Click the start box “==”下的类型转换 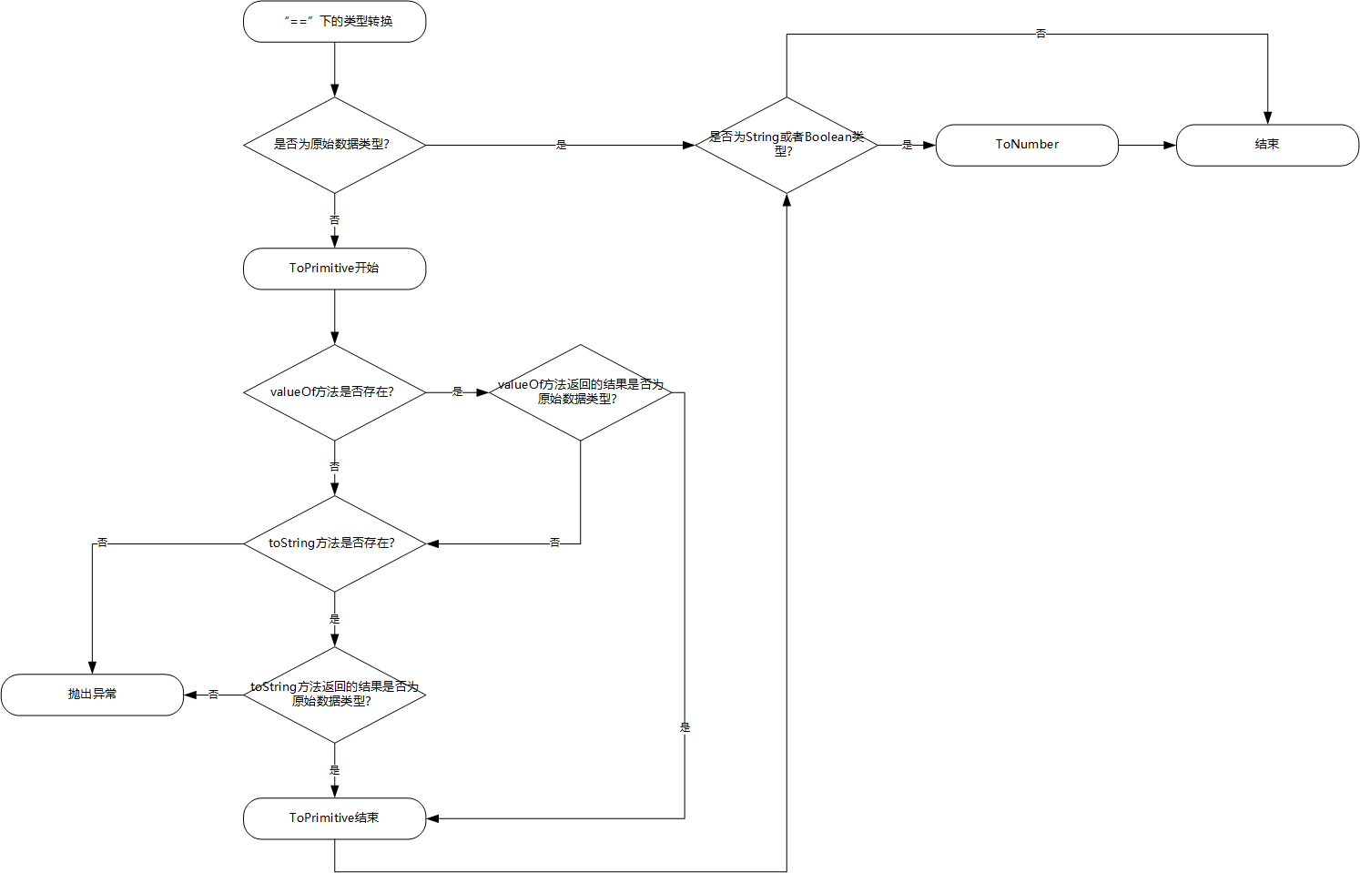point(334,21)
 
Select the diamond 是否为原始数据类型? point(334,145)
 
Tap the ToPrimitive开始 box point(334,269)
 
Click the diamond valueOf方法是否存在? point(334,392)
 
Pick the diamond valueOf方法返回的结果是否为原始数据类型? point(581,392)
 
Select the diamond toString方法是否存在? point(334,544)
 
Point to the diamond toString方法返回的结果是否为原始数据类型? point(334,695)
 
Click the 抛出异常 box point(92,695)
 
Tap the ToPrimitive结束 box point(334,818)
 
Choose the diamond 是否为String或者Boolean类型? point(787,145)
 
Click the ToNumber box point(1028,145)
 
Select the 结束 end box point(1268,145)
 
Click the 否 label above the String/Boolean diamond point(1040,34)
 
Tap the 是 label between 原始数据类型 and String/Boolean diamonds point(561,145)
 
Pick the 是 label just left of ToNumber point(907,145)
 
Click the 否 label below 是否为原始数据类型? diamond point(334,219)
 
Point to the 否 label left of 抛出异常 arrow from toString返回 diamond point(213,695)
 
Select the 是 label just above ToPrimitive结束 point(334,770)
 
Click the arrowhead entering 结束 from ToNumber point(1170,145)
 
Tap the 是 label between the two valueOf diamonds point(457,392)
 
